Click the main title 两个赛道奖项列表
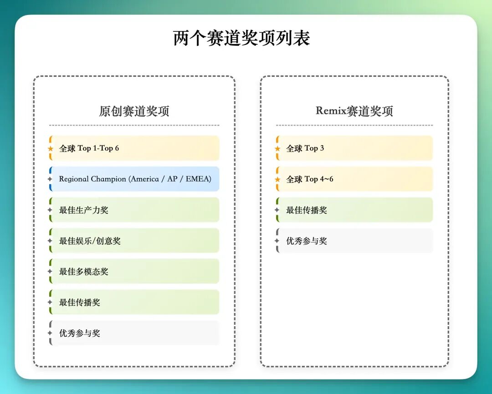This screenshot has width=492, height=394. pos(241,38)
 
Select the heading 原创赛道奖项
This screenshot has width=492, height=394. pos(134,111)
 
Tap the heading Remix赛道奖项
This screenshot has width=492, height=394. pos(354,111)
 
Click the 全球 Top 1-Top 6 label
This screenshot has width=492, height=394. pos(89,148)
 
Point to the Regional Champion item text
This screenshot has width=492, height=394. pos(135,179)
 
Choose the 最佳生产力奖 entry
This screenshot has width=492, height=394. pos(83,210)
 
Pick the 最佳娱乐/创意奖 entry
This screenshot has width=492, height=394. pos(90,241)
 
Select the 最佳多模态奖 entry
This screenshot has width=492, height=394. pos(83,272)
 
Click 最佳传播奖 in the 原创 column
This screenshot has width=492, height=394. pos(79,302)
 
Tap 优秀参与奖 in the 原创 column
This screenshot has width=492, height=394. pos(79,333)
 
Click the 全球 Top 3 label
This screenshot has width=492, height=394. pos(305,148)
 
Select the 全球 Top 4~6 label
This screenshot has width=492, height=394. pos(310,179)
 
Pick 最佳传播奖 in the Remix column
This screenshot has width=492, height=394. pos(307,210)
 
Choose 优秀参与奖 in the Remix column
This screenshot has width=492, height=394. pos(307,241)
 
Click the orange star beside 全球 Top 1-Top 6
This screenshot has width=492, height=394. pos(50,149)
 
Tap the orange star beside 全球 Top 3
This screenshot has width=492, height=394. pos(277,149)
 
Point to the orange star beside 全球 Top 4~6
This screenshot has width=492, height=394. pos(277,179)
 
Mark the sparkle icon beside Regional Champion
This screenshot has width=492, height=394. pos(50,179)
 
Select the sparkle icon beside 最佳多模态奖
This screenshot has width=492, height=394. pos(50,272)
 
